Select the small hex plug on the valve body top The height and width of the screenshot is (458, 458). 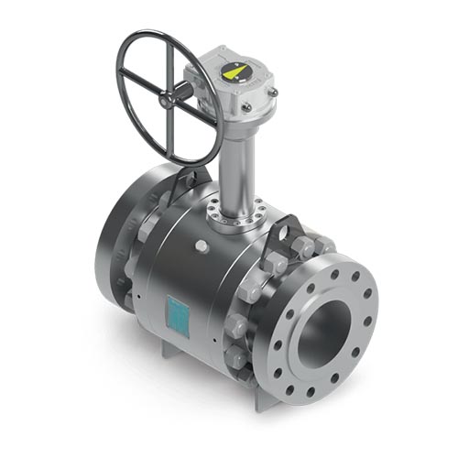202,246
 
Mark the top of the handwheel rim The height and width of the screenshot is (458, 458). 169,34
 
